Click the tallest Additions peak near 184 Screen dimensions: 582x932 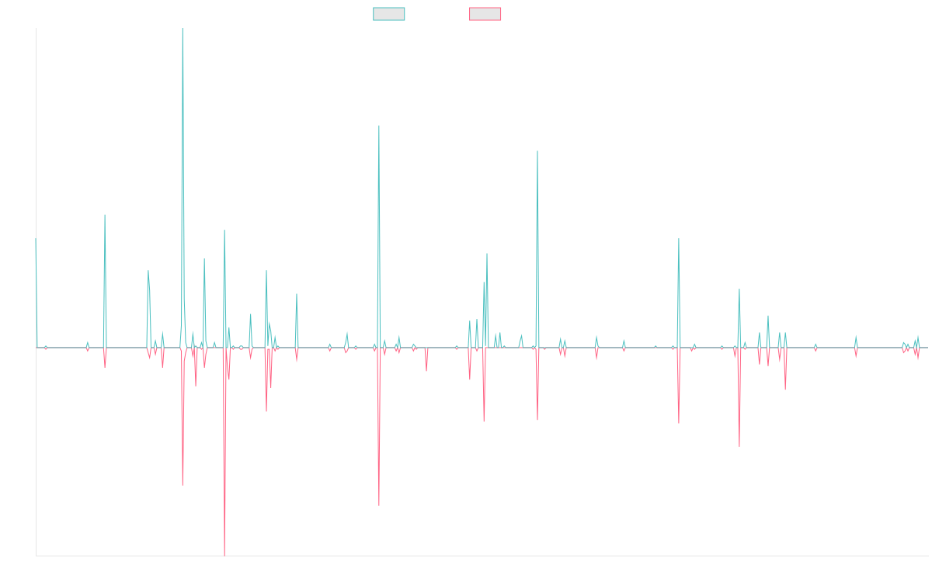183,29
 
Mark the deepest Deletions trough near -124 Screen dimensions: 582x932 224,555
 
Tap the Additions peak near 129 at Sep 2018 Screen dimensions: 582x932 379,126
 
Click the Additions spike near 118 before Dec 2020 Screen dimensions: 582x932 537,151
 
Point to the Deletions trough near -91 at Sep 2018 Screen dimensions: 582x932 379,505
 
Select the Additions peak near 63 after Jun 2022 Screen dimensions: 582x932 679,239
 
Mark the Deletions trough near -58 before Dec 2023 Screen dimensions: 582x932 739,445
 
